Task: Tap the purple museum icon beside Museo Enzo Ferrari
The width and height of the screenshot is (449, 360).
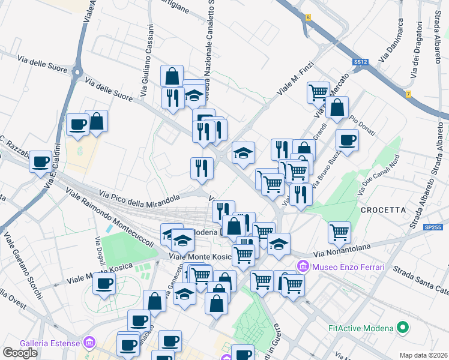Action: coord(304,266)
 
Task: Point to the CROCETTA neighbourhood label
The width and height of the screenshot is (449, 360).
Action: coord(384,210)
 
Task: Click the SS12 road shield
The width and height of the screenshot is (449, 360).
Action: coord(360,62)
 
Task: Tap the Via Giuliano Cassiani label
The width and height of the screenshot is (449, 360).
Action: coord(148,60)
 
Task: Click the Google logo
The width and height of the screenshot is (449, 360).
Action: coord(20,353)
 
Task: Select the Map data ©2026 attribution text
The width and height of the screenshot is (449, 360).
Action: coord(424,355)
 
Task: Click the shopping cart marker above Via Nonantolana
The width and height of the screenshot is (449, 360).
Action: coord(340,232)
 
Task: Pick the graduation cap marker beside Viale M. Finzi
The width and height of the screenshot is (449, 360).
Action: coord(243,154)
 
